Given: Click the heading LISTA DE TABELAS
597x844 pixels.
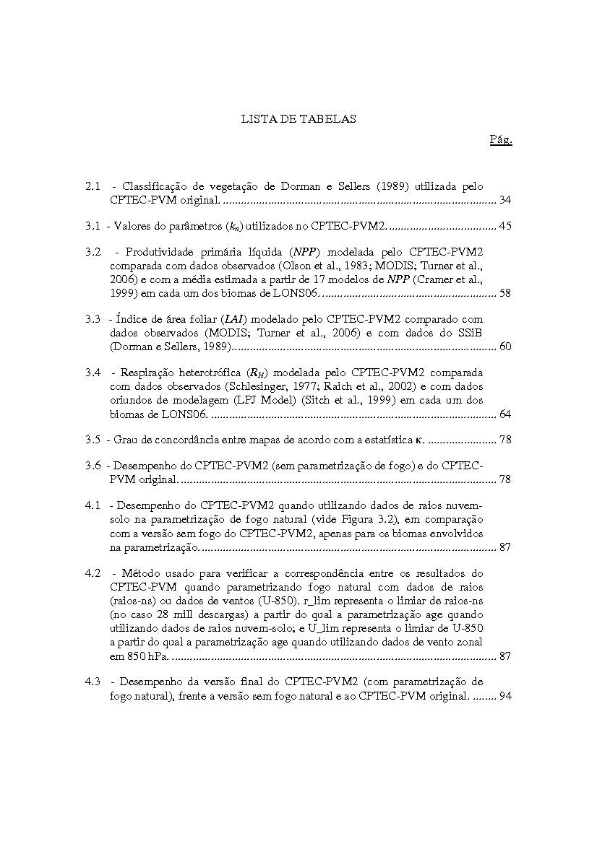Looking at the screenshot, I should (x=298, y=119).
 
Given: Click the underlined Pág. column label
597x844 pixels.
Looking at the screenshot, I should (x=501, y=139).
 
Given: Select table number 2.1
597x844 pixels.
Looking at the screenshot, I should (x=92, y=187).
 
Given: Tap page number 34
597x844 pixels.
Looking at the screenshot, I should (x=505, y=200).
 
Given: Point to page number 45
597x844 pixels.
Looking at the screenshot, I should (x=505, y=226).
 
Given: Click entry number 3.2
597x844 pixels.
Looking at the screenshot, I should (x=92, y=252).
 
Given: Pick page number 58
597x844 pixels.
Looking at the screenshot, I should (x=505, y=293).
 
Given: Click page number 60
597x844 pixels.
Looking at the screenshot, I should (x=505, y=347).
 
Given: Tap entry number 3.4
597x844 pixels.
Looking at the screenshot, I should (x=92, y=373).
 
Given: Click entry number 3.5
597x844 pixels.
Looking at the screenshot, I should (x=92, y=440).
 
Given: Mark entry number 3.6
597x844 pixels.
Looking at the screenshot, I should (x=92, y=466).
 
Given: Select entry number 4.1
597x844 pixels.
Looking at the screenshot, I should (x=92, y=506).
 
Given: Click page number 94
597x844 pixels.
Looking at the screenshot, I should (x=505, y=696).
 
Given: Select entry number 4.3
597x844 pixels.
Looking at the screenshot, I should (x=92, y=682).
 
